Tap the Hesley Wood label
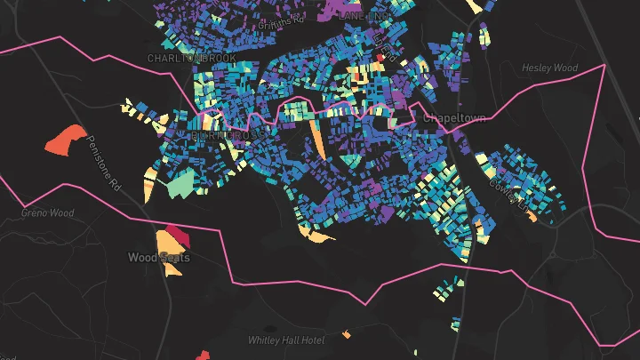[x=550, y=68]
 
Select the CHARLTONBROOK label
[x=192, y=58]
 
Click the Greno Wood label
[x=48, y=213]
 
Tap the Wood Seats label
[x=158, y=258]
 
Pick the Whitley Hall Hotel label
[x=287, y=340]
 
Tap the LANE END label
[x=364, y=15]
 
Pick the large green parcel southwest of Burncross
[x=180, y=183]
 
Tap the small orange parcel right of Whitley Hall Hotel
[x=347, y=335]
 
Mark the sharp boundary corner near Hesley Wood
[x=604, y=65]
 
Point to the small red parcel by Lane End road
[x=380, y=58]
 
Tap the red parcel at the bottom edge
[x=204, y=356]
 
